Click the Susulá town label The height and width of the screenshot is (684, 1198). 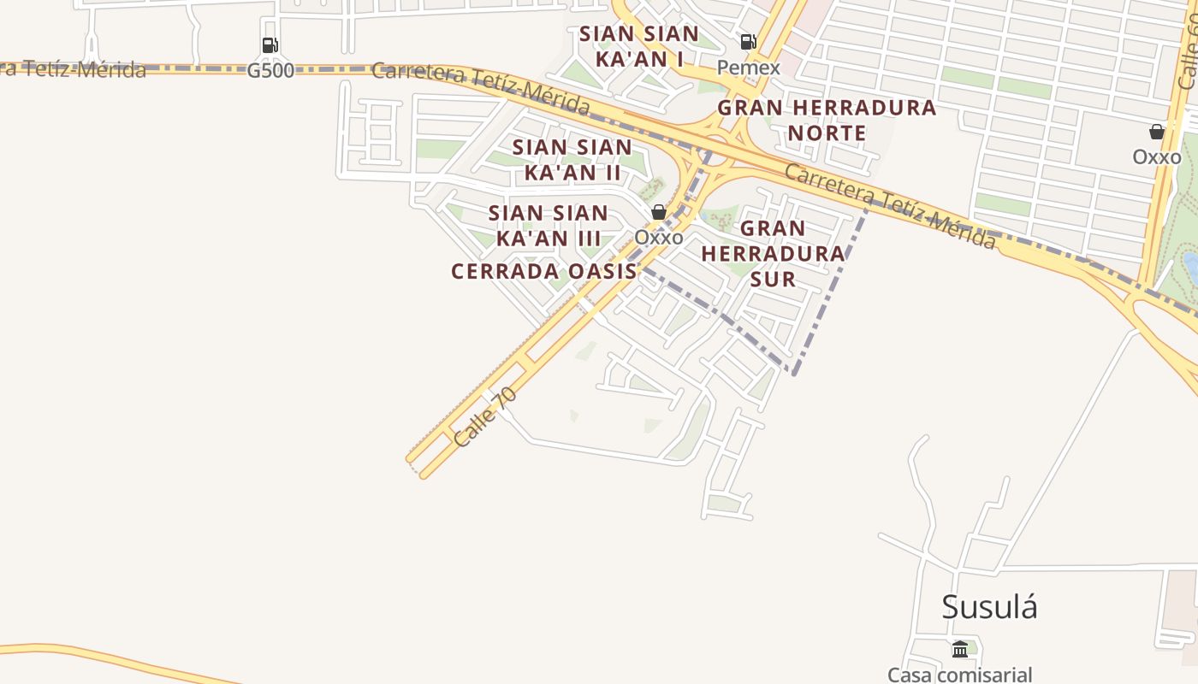[989, 607]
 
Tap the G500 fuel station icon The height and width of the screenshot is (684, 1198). [270, 45]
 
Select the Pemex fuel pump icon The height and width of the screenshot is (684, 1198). [748, 41]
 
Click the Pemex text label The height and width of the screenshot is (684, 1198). [748, 68]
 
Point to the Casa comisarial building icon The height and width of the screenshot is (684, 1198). [959, 650]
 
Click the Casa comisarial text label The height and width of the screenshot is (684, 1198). [959, 675]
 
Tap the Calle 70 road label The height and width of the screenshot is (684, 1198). [485, 416]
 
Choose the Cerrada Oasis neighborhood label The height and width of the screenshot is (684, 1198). [544, 272]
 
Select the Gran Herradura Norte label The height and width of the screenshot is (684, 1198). [827, 121]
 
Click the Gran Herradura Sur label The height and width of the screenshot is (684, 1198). [773, 253]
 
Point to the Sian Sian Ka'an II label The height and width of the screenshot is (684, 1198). [572, 159]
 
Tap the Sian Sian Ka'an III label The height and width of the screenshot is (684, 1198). [549, 225]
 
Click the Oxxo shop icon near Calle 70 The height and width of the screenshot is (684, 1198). [659, 212]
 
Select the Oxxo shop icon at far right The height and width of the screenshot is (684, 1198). [1157, 132]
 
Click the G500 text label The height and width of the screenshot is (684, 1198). [270, 71]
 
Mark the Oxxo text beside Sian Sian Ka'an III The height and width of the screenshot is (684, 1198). [659, 238]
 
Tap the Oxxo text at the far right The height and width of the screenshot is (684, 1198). [1157, 157]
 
